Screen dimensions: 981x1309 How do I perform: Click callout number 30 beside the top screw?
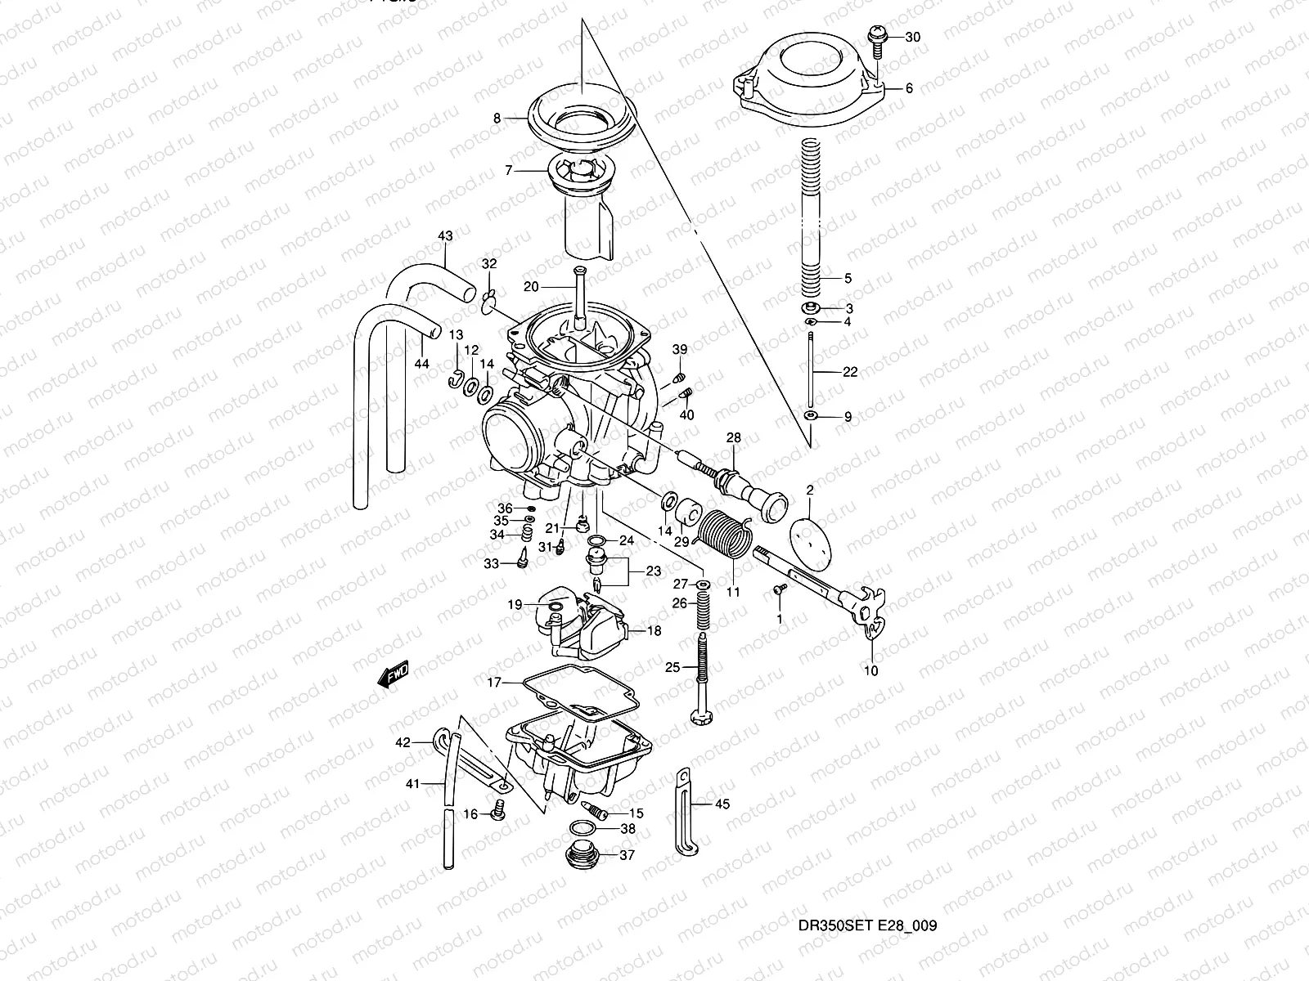(x=913, y=38)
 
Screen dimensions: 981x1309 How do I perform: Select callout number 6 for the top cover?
(x=908, y=88)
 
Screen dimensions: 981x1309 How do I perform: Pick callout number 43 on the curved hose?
(x=444, y=236)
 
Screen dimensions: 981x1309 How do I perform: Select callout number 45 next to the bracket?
(x=722, y=804)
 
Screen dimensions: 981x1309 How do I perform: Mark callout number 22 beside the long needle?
(x=850, y=372)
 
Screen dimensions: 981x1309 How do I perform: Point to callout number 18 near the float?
(x=654, y=631)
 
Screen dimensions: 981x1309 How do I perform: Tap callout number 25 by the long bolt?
(x=672, y=667)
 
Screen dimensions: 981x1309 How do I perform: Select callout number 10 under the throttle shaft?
(x=870, y=671)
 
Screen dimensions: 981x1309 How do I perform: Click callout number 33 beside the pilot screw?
(x=491, y=564)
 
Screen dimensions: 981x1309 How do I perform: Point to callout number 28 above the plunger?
(x=733, y=439)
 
